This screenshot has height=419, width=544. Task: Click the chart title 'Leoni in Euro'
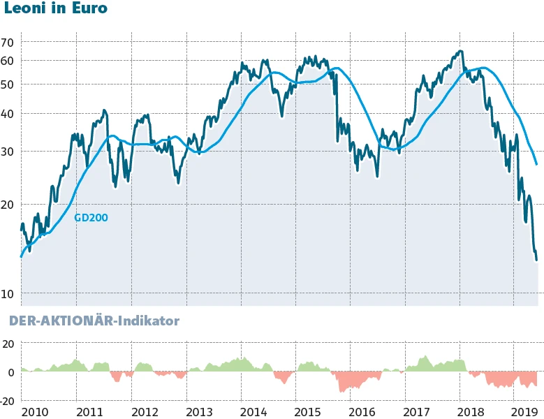[56, 9]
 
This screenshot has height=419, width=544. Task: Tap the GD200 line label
[91, 217]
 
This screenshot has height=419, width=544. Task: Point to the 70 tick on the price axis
[8, 43]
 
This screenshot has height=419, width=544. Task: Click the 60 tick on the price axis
[8, 61]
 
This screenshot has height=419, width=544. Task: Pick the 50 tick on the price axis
[8, 84]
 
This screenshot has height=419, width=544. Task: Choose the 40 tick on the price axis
[8, 114]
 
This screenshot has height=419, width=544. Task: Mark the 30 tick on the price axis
[8, 152]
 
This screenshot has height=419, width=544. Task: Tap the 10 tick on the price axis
[8, 294]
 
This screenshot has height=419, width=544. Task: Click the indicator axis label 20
[8, 344]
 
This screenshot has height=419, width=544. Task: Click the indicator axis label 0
[10, 372]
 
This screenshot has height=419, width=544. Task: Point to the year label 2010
[36, 411]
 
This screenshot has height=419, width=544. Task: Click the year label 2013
[199, 411]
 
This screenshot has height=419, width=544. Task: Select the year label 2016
[363, 411]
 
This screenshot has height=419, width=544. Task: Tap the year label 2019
[524, 411]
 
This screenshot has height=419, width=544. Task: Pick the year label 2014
[253, 411]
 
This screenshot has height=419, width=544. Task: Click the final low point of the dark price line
[536, 260]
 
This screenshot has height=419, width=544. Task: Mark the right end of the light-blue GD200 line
[536, 165]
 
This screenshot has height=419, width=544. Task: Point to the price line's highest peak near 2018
[460, 51]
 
